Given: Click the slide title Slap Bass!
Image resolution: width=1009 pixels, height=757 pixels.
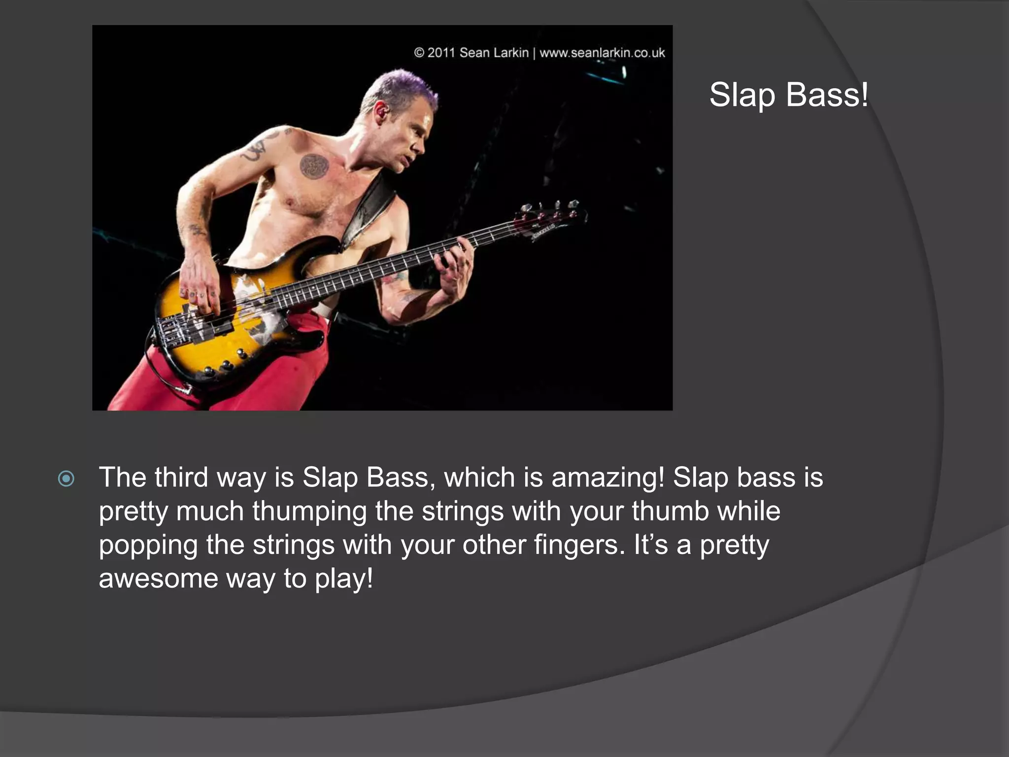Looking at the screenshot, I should (788, 95).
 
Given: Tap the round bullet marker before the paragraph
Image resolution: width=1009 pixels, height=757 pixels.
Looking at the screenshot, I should (66, 479).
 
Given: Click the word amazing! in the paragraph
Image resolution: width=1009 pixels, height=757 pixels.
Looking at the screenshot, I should (608, 478).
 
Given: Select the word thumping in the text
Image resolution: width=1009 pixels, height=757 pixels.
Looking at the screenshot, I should (309, 511).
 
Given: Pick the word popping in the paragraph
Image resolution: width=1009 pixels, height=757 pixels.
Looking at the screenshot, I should (148, 545).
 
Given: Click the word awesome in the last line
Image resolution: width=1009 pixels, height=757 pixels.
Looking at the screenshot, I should (158, 578).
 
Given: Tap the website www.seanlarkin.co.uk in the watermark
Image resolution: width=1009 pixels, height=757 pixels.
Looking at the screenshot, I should (602, 53).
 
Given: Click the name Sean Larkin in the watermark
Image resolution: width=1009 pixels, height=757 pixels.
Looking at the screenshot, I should (494, 53).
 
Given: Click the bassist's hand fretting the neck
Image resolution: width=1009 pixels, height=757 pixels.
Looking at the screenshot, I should (456, 266).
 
